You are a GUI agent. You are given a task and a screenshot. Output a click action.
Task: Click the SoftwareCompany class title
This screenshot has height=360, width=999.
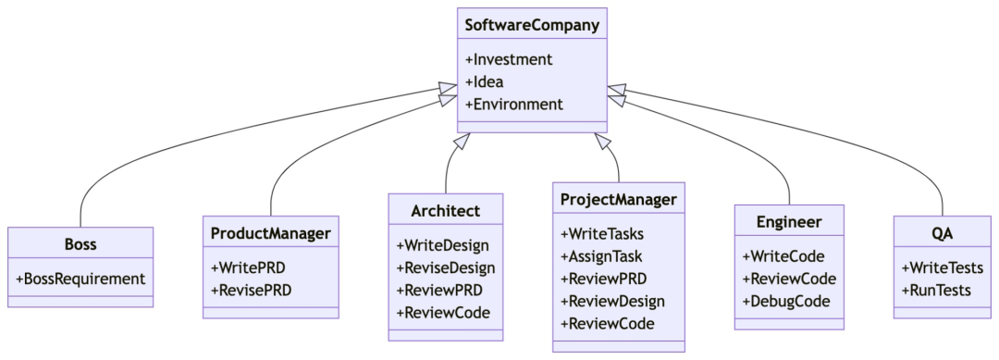(532, 26)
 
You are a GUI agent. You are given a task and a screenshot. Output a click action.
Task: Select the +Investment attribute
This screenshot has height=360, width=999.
(508, 59)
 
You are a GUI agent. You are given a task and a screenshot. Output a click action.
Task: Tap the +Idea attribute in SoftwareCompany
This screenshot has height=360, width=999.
(484, 81)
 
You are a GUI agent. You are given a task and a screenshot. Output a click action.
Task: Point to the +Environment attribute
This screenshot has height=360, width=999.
(513, 104)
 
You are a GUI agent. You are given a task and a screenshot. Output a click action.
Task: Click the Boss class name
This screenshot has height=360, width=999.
(80, 244)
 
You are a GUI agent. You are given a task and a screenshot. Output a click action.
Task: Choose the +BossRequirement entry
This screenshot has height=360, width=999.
(80, 278)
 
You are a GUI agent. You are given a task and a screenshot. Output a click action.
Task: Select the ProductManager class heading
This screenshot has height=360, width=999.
(270, 233)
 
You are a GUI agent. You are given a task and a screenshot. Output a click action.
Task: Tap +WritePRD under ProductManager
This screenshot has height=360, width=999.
(247, 267)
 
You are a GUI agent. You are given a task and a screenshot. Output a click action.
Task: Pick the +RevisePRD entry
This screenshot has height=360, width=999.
(250, 290)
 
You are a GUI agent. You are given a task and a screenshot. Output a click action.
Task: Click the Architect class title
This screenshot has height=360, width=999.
(445, 211)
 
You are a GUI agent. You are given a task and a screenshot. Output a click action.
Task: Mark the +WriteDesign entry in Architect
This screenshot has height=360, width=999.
(442, 245)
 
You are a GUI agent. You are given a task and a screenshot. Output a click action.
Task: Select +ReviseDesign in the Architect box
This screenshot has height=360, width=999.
(445, 267)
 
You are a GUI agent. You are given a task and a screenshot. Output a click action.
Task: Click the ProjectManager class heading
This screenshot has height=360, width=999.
(618, 199)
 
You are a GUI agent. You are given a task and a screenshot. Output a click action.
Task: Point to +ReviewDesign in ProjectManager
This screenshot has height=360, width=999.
(612, 301)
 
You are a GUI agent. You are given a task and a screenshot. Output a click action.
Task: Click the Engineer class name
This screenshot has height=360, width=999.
(788, 222)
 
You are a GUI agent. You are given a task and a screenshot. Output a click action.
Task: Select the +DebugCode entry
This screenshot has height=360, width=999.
(785, 301)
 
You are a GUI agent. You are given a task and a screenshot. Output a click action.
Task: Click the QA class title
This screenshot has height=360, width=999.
(942, 233)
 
